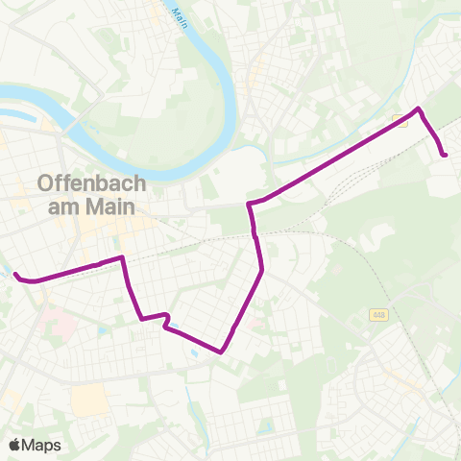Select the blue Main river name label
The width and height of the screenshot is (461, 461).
tap(179, 16)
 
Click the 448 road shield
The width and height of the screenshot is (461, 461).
tap(377, 314)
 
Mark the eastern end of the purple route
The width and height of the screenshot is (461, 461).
tap(445, 154)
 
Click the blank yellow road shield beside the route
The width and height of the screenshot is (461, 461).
tap(399, 121)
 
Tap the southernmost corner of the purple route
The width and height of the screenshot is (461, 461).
tap(222, 352)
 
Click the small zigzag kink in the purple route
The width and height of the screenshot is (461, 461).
tap(167, 321)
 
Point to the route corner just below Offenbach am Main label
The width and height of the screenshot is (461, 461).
tap(123, 257)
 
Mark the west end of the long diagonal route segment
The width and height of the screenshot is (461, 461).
tap(250, 205)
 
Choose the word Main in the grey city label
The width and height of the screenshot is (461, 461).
tap(114, 206)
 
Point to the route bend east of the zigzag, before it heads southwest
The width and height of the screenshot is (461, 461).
tap(261, 270)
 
